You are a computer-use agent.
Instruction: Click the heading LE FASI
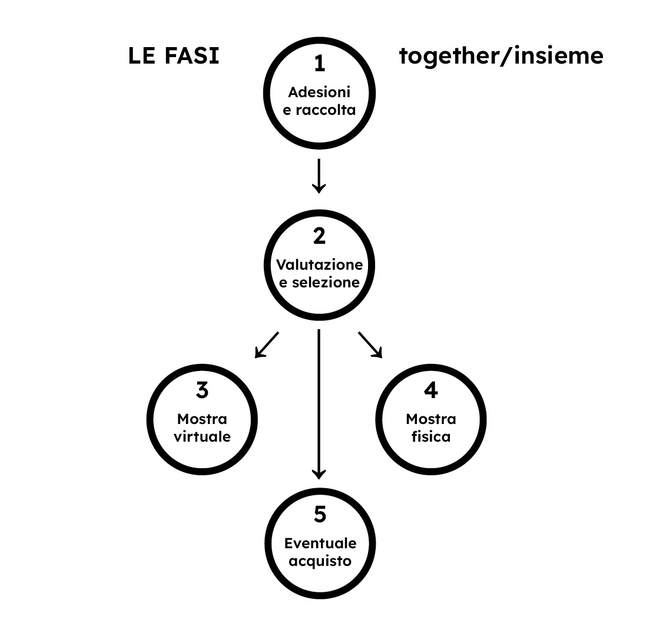(174, 57)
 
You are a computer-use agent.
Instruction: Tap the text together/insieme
(501, 57)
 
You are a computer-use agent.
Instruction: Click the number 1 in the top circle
(319, 64)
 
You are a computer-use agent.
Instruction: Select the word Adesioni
(319, 92)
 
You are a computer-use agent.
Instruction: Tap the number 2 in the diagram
(319, 236)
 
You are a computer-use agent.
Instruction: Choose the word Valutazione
(319, 264)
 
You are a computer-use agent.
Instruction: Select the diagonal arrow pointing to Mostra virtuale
(266, 345)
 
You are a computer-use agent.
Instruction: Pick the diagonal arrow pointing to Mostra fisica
(370, 345)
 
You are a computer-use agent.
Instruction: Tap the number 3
(202, 390)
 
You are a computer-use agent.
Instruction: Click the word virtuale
(202, 438)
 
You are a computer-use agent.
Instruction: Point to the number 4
(431, 390)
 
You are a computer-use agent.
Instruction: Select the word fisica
(431, 438)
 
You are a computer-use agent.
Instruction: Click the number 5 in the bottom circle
(319, 515)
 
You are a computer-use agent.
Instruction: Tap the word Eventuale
(320, 543)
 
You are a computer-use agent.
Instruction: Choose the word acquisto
(320, 561)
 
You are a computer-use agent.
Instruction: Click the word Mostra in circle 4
(431, 419)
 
